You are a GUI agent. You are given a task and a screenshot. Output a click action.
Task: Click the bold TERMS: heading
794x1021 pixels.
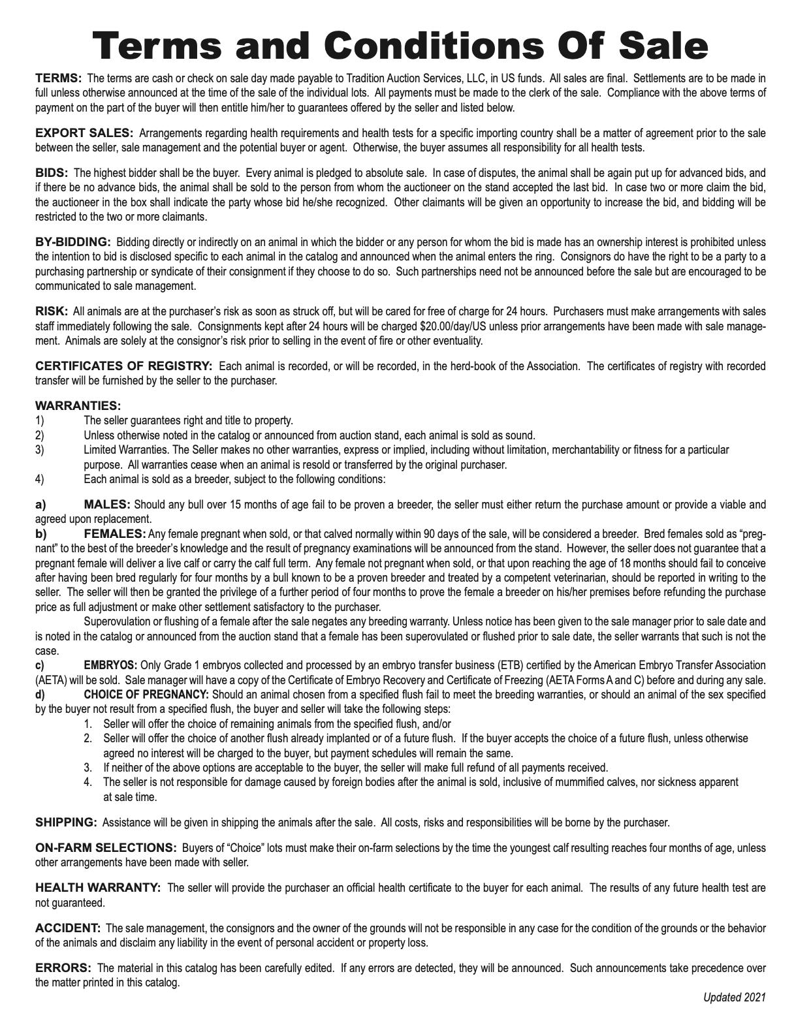tap(59, 78)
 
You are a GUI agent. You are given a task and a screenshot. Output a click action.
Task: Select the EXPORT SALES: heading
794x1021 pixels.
tap(84, 133)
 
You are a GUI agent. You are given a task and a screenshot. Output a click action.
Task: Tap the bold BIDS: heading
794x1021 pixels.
tap(52, 173)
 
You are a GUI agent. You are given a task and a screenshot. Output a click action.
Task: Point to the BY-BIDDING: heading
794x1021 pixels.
tap(73, 242)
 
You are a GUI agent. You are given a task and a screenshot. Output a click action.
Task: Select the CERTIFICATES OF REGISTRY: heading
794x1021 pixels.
tap(124, 366)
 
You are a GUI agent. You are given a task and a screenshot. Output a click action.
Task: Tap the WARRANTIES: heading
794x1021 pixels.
tap(78, 406)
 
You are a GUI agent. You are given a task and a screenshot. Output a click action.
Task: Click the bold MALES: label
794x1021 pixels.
tap(107, 505)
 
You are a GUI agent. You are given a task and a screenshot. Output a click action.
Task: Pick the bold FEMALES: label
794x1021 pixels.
tap(115, 534)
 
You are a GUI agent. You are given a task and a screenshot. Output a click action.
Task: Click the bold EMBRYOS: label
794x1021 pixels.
tap(110, 665)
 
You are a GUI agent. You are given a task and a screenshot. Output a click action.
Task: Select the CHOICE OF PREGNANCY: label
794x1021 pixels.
tap(146, 694)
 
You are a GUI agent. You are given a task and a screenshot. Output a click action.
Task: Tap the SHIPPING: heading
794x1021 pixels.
tap(66, 823)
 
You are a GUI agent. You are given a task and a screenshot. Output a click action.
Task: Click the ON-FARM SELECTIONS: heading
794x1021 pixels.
tap(106, 848)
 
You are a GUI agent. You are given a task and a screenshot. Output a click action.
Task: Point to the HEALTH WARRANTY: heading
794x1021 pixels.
tap(98, 888)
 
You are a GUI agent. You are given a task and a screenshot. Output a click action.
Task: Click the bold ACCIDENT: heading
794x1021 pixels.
tap(68, 928)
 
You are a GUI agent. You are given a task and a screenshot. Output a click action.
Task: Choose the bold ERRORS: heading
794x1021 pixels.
tap(63, 967)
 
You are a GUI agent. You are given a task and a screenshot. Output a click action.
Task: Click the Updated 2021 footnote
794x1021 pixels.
tap(734, 997)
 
